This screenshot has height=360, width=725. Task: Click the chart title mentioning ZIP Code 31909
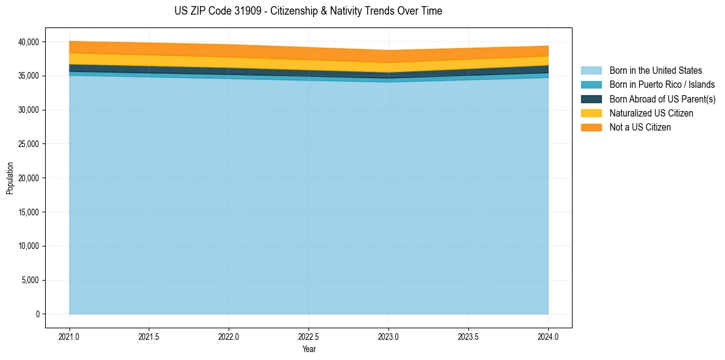[309, 11]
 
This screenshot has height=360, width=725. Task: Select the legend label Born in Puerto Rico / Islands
[662, 85]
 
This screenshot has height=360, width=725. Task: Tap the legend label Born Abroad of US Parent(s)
[662, 99]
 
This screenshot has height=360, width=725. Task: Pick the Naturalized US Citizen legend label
[651, 113]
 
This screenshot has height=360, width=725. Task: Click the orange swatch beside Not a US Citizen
[591, 127]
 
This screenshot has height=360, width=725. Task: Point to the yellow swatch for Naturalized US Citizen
[591, 113]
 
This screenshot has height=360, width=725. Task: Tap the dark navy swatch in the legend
[591, 99]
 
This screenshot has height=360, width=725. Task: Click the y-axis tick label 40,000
[27, 42]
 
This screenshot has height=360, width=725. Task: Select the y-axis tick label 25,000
[27, 144]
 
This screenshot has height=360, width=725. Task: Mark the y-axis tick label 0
[37, 314]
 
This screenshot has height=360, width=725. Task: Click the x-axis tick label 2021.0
[70, 336]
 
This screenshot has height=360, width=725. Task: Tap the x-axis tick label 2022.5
[309, 336]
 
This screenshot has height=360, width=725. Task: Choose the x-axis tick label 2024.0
[548, 336]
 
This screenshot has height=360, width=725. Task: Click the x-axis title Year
[309, 349]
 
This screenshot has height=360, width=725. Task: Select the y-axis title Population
[10, 178]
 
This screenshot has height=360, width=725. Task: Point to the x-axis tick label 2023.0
[388, 336]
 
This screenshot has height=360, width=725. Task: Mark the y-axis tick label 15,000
[27, 212]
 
